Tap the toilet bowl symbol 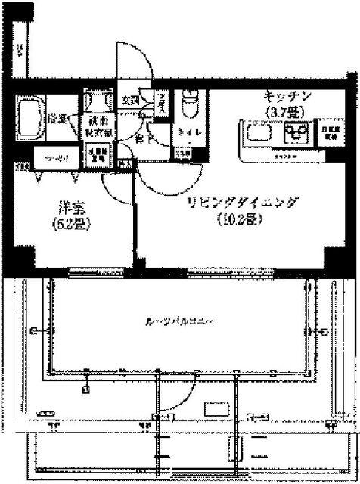coord(188,104)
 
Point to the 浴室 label coord(58,119)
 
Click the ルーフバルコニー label coord(181,322)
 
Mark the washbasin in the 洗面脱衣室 coord(98,101)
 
